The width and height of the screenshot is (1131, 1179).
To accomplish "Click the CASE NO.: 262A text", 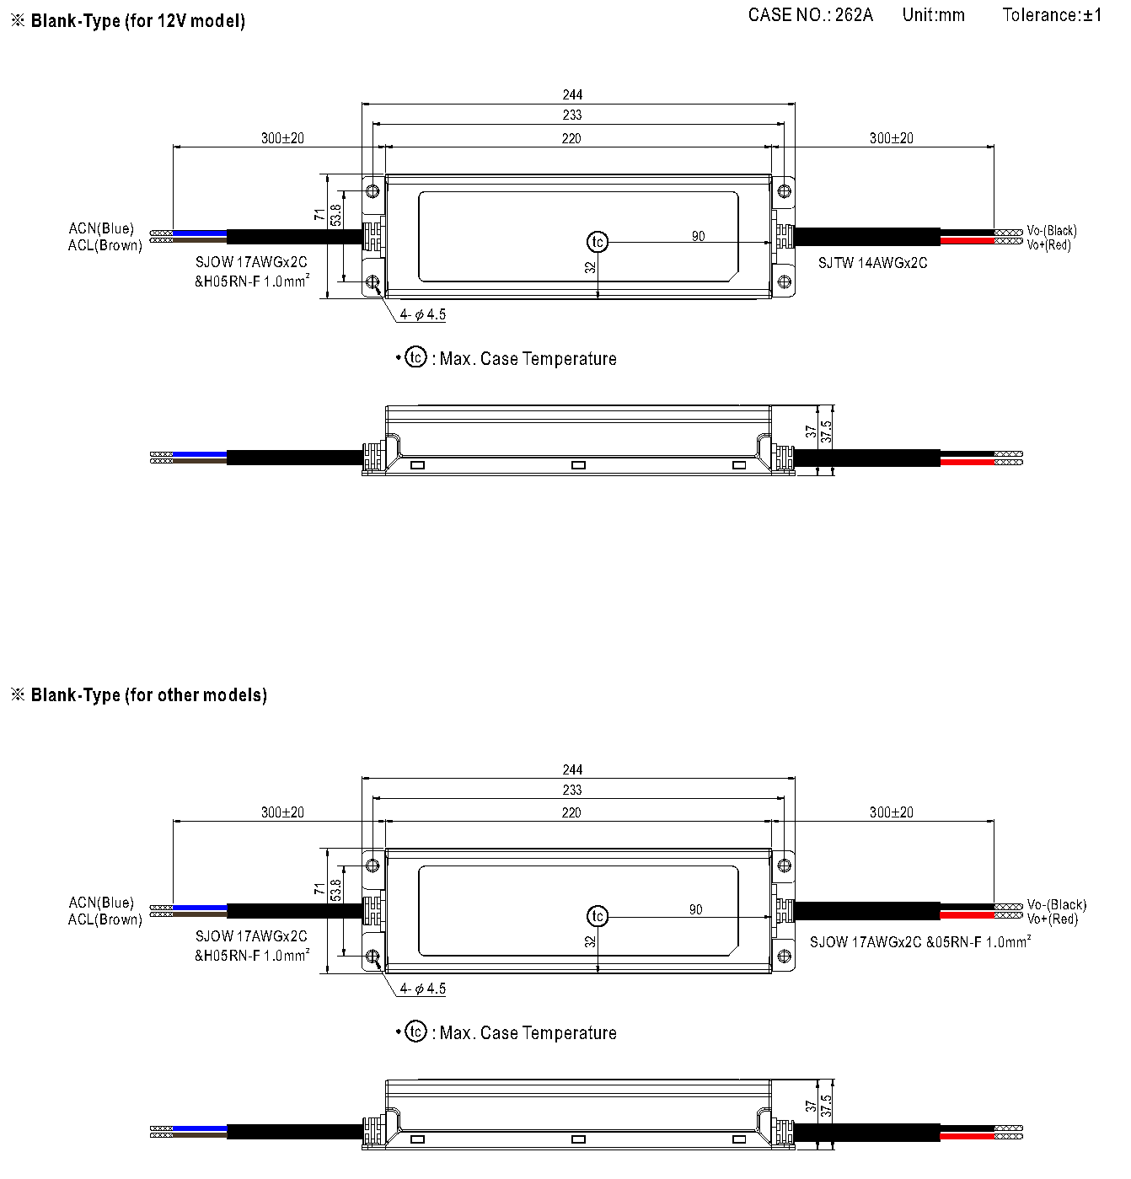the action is (x=811, y=15).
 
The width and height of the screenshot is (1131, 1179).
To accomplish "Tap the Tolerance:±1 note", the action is (x=1052, y=15).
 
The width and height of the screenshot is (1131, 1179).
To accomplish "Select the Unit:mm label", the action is (x=934, y=15).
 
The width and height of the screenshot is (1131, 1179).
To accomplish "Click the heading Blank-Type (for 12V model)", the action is (x=137, y=21).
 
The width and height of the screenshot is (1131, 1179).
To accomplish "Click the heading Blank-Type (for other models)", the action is (x=148, y=695).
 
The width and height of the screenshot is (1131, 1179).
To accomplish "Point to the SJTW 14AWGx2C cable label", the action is (x=872, y=263).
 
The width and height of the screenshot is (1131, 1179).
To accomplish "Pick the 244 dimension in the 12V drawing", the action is (x=572, y=94).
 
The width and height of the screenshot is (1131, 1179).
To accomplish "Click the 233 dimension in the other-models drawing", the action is (x=572, y=790).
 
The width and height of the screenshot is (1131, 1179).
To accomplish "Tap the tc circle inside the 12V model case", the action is (x=598, y=242).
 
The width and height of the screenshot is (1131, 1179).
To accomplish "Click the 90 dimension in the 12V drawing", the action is (x=698, y=236).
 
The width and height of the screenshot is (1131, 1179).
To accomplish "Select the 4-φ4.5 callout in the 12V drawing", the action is (x=422, y=314).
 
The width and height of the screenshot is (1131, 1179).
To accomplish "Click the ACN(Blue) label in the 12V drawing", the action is (x=101, y=228).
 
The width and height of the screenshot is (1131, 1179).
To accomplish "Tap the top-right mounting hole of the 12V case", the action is (x=784, y=191).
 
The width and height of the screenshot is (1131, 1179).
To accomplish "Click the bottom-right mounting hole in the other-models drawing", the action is (x=784, y=956).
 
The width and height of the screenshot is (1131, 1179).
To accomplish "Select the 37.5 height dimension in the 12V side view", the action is (x=826, y=431).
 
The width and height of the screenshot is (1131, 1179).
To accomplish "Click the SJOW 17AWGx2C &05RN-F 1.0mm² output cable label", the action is (x=920, y=942).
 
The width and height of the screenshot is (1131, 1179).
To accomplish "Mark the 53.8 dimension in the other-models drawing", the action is (x=335, y=889).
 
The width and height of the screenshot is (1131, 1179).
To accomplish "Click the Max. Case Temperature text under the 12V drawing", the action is (x=528, y=359).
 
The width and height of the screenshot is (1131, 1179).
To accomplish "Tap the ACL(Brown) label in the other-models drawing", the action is (x=105, y=919).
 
